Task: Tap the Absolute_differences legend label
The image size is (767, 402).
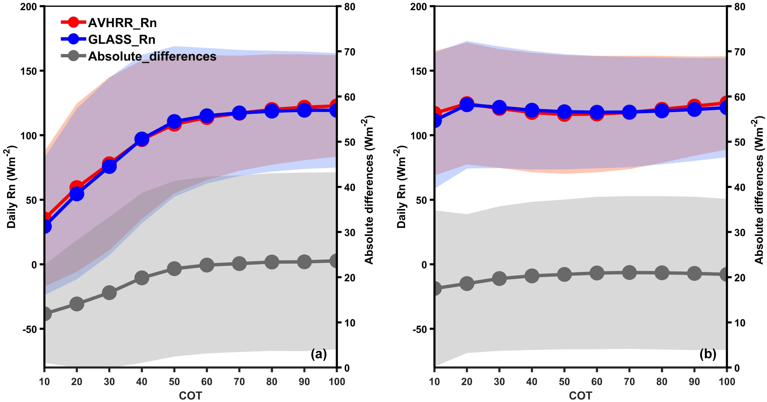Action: point(152,56)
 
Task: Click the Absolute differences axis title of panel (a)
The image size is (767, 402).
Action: point(369,190)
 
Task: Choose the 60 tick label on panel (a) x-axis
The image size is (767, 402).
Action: point(207,381)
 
